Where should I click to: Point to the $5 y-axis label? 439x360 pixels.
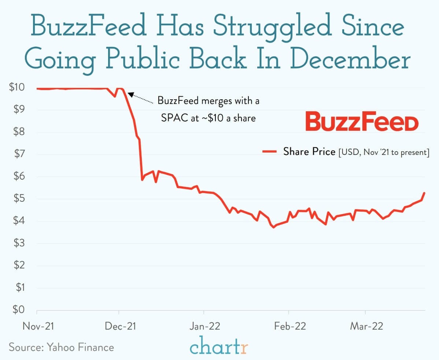18,199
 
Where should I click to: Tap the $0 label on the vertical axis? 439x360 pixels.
18,310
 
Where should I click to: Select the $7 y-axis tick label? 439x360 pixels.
18,154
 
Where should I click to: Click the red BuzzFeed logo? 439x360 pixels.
361,122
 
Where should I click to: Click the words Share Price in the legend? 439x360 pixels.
309,152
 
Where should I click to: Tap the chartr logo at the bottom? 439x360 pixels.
219,346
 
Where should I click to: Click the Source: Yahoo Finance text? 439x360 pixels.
61,347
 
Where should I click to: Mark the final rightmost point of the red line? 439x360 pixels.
424,193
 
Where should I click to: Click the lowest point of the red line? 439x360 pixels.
273,227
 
